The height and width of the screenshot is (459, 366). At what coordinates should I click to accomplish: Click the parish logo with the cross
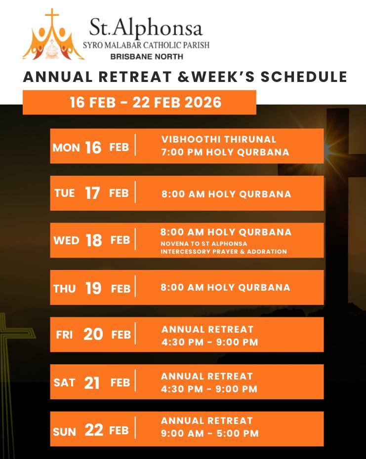point(53,35)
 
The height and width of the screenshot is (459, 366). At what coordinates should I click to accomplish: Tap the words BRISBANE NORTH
point(147,56)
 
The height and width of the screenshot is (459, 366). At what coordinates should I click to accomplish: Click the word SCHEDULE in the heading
point(304,76)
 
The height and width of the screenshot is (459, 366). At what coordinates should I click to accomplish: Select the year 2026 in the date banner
point(203,103)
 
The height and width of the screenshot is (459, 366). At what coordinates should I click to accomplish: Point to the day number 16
point(93,148)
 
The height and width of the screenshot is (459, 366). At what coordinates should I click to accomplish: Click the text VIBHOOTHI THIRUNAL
point(219,139)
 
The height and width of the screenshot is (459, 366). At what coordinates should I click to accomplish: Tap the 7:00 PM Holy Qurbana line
point(225,152)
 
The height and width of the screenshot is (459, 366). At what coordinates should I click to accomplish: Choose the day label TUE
point(65,193)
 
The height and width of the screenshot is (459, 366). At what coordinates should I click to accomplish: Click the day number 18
point(94,240)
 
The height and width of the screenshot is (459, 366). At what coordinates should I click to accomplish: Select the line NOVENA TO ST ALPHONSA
point(203,243)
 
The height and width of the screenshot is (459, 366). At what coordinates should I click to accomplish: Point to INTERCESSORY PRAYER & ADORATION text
point(224,251)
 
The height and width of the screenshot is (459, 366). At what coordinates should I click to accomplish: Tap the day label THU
point(65,289)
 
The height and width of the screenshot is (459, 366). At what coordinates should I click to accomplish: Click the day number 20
point(93,334)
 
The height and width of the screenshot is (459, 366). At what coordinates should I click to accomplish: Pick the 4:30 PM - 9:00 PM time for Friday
point(209,342)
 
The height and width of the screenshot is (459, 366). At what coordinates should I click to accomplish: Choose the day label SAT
point(65,382)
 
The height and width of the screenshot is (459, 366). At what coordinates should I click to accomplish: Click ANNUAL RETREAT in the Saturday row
point(206,376)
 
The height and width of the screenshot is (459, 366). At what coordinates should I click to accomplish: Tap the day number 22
point(94,430)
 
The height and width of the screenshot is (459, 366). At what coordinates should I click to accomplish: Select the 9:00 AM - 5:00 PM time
point(210,433)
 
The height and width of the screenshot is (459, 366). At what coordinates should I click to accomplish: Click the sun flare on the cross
point(329,149)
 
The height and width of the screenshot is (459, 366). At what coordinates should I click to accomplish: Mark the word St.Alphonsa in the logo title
point(146,28)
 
